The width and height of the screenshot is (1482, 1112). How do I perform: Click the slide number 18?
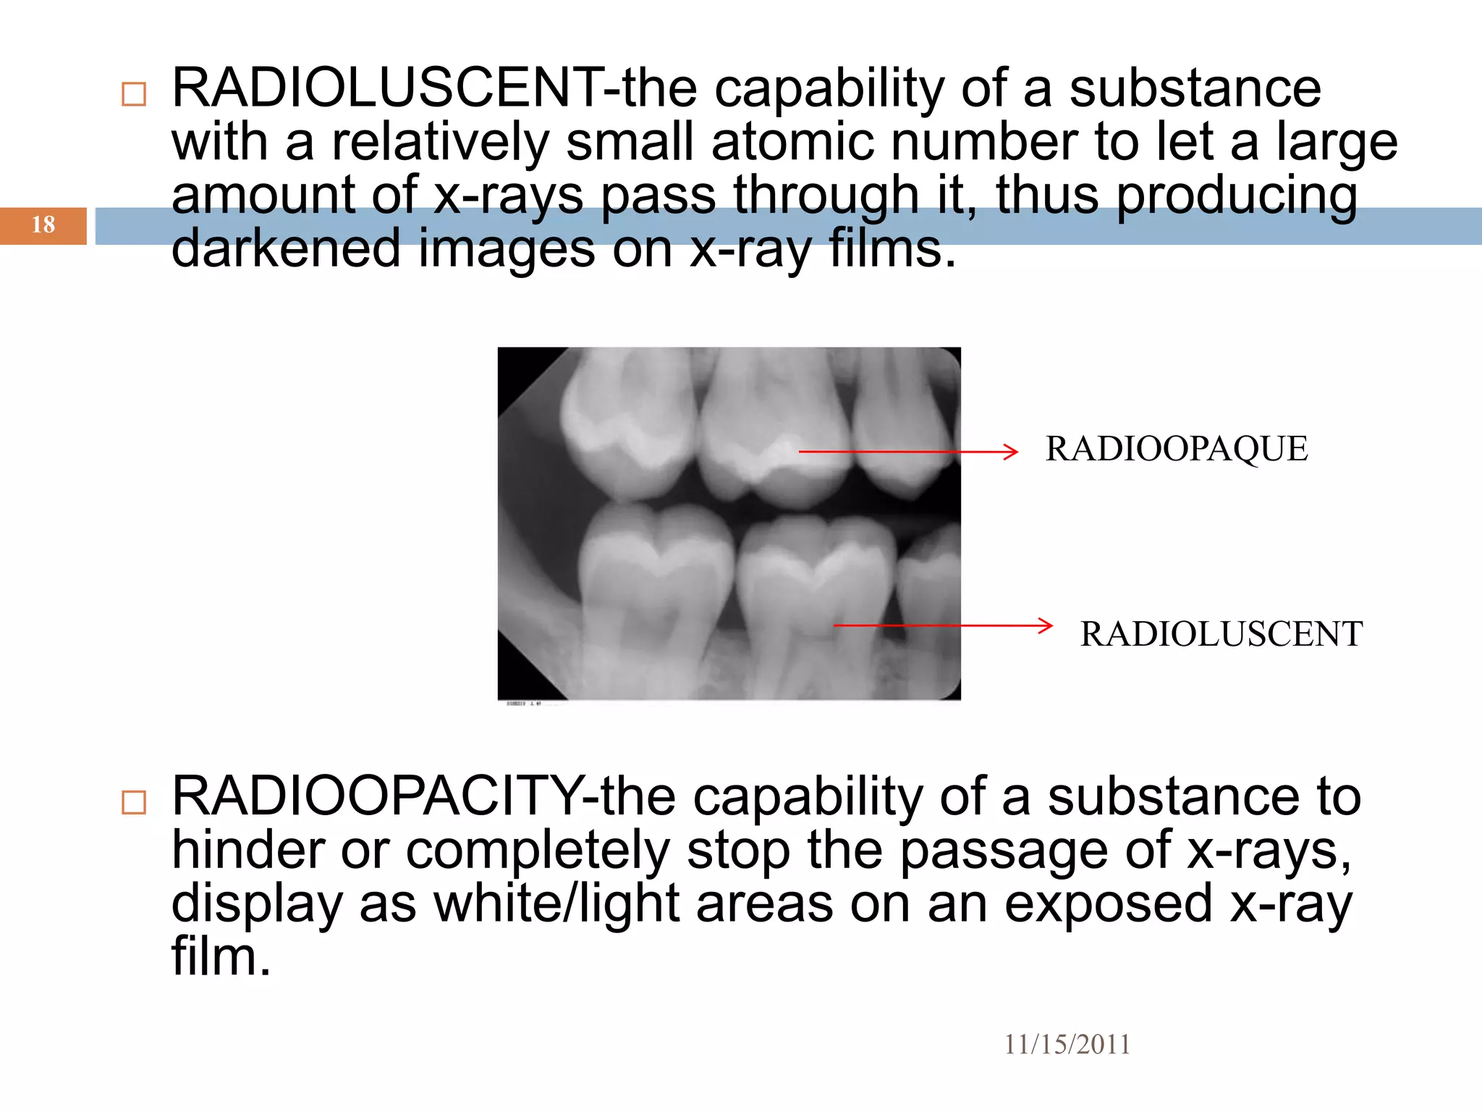[x=43, y=225]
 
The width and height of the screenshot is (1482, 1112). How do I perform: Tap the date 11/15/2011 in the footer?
[x=1067, y=1045]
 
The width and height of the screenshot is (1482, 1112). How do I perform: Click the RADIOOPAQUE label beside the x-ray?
[x=1177, y=449]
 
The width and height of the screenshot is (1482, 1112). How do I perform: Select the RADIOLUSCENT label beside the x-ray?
[x=1221, y=634]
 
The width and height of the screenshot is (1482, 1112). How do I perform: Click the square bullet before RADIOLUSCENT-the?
[x=134, y=94]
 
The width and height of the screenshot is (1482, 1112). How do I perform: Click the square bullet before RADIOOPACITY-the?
[x=134, y=802]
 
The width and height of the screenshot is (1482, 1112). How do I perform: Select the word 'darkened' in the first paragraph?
[x=286, y=248]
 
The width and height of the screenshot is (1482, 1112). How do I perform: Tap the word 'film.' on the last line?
[x=221, y=957]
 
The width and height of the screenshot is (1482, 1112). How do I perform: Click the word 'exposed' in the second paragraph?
[x=1108, y=905]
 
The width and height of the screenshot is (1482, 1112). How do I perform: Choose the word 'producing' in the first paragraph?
[x=1237, y=195]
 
